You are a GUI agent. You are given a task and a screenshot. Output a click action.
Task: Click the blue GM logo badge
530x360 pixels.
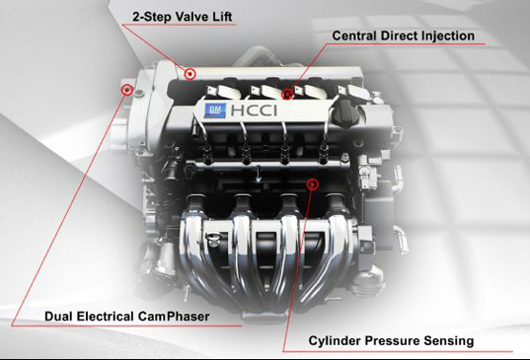pyautogui.click(x=214, y=110)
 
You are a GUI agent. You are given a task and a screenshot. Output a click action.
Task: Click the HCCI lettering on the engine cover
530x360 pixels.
pyautogui.click(x=254, y=110)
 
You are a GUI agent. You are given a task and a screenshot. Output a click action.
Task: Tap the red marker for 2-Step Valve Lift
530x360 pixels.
pyautogui.click(x=190, y=74)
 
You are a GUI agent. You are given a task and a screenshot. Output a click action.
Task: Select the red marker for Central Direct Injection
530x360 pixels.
pyautogui.click(x=287, y=94)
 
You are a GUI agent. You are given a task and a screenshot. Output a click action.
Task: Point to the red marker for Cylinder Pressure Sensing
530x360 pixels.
pyautogui.click(x=313, y=184)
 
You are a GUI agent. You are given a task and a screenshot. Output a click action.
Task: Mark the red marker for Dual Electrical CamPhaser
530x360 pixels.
pyautogui.click(x=127, y=90)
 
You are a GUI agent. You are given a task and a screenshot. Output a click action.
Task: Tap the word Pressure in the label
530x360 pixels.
pyautogui.click(x=392, y=340)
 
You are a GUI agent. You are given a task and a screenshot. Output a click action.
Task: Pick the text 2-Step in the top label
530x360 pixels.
pyautogui.click(x=152, y=17)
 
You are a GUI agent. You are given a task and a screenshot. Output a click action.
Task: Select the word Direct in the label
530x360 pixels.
pyautogui.click(x=397, y=36)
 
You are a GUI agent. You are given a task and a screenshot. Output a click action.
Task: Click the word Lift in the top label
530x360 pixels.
pyautogui.click(x=222, y=17)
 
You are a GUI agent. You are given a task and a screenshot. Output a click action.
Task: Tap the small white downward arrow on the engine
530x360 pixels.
pyautogui.click(x=259, y=175)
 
